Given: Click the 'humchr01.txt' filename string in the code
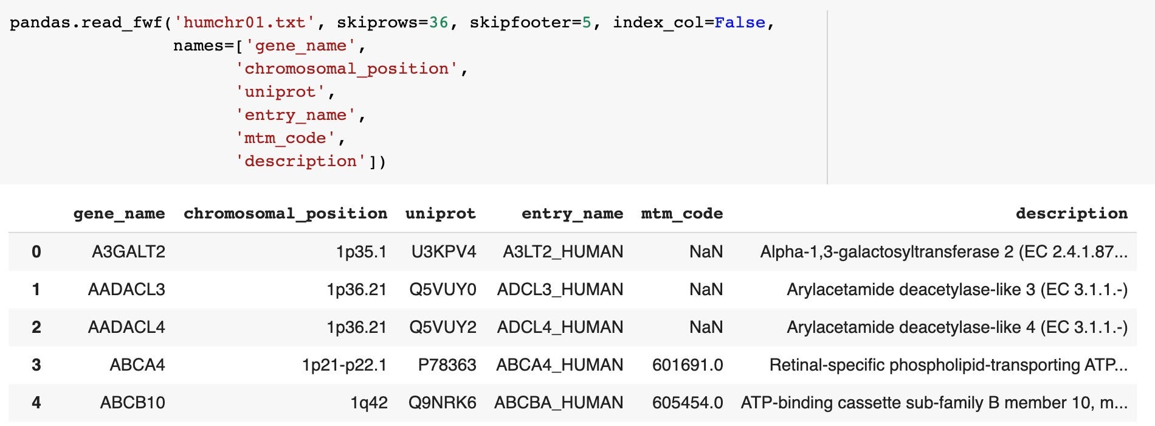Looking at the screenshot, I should [x=244, y=23].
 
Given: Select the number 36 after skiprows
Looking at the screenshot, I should [x=438, y=23].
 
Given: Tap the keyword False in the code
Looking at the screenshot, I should [x=739, y=23].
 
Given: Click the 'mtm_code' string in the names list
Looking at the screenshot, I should [x=284, y=138].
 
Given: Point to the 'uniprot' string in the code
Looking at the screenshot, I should [x=280, y=92].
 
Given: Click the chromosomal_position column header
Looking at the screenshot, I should [x=285, y=214].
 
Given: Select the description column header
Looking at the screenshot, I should [x=1071, y=214].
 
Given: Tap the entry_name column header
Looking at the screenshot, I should [x=572, y=214].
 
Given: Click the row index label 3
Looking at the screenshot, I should [x=36, y=365].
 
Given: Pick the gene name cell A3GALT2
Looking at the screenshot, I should [x=128, y=252].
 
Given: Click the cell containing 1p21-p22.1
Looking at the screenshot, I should [x=344, y=365].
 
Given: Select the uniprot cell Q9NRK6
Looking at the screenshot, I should [x=442, y=403].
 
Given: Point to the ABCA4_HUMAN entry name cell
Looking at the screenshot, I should [x=559, y=365].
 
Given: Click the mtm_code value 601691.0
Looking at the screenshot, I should [x=688, y=365].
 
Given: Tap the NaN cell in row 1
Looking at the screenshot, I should [x=706, y=290].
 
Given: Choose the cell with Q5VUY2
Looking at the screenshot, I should [x=443, y=327].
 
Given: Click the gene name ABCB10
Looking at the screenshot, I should [x=133, y=403].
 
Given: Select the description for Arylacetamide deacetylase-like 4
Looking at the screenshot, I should [x=957, y=327].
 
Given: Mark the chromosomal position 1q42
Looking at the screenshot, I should [x=368, y=403].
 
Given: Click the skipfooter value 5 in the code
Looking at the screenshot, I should [x=587, y=23].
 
